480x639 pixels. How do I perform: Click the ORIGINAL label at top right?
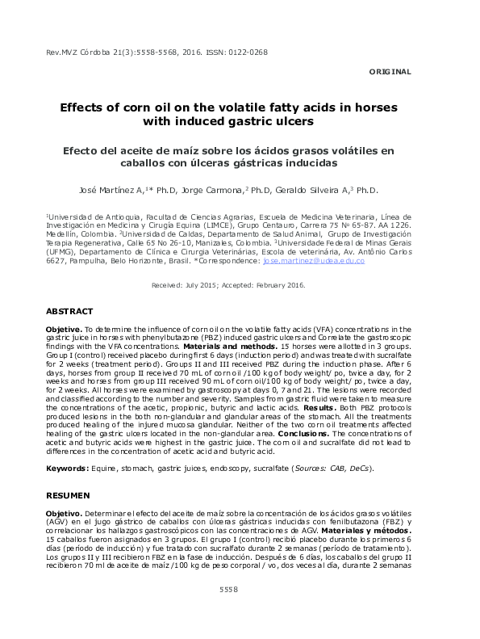pyautogui.click(x=390, y=71)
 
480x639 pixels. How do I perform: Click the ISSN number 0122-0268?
pyautogui.click(x=248, y=53)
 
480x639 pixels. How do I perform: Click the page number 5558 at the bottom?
pyautogui.click(x=229, y=590)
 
